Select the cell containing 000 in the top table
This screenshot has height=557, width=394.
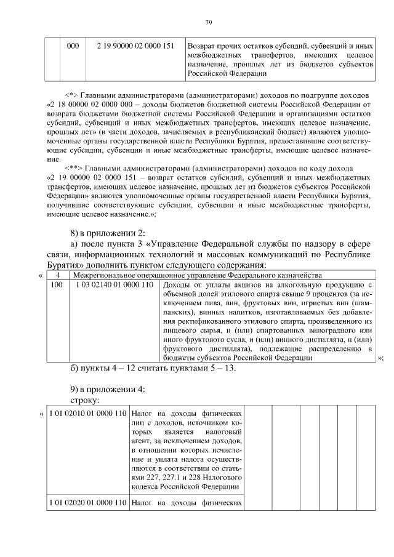(x=73, y=46)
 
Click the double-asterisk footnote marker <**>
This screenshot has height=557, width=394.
(x=74, y=167)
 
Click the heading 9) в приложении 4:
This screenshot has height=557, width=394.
(x=107, y=390)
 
